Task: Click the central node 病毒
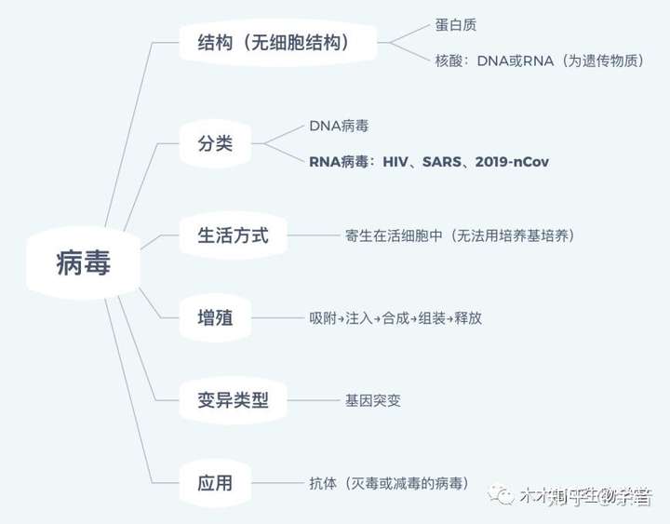click(x=84, y=265)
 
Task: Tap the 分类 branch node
click(x=215, y=144)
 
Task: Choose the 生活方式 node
click(x=234, y=235)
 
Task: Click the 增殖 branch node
click(x=215, y=318)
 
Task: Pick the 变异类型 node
click(x=234, y=400)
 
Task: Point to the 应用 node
click(x=215, y=483)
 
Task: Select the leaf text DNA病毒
click(x=339, y=126)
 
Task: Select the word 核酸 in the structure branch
click(x=449, y=60)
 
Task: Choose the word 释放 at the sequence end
click(x=468, y=318)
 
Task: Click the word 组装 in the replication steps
click(x=432, y=318)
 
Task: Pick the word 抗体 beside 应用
click(x=323, y=483)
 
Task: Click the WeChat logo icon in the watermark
click(x=505, y=495)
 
